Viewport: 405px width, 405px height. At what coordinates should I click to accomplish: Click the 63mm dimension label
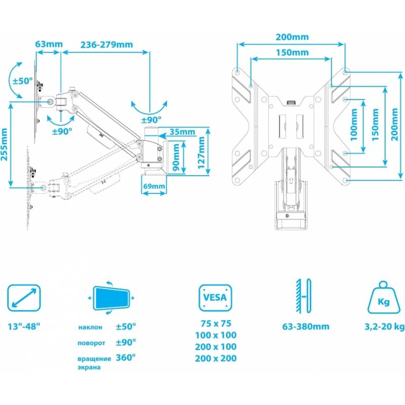pyautogui.click(x=49, y=44)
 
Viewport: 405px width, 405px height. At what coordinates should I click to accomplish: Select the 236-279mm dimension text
pyautogui.click(x=107, y=45)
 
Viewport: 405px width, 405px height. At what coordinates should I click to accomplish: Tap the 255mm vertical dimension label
pyautogui.click(x=4, y=144)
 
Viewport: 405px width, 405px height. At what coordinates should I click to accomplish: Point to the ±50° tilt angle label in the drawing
pyautogui.click(x=23, y=81)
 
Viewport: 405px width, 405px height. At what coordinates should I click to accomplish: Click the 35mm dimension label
pyautogui.click(x=182, y=132)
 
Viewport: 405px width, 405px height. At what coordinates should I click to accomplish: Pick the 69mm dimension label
pyautogui.click(x=154, y=186)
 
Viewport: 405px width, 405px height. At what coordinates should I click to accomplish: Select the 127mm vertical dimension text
pyautogui.click(x=201, y=152)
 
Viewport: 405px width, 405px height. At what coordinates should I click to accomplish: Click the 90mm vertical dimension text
pyautogui.click(x=176, y=157)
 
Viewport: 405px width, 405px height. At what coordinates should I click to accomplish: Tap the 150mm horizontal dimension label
pyautogui.click(x=293, y=53)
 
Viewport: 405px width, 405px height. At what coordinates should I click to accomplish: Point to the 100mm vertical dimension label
pyautogui.click(x=354, y=125)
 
